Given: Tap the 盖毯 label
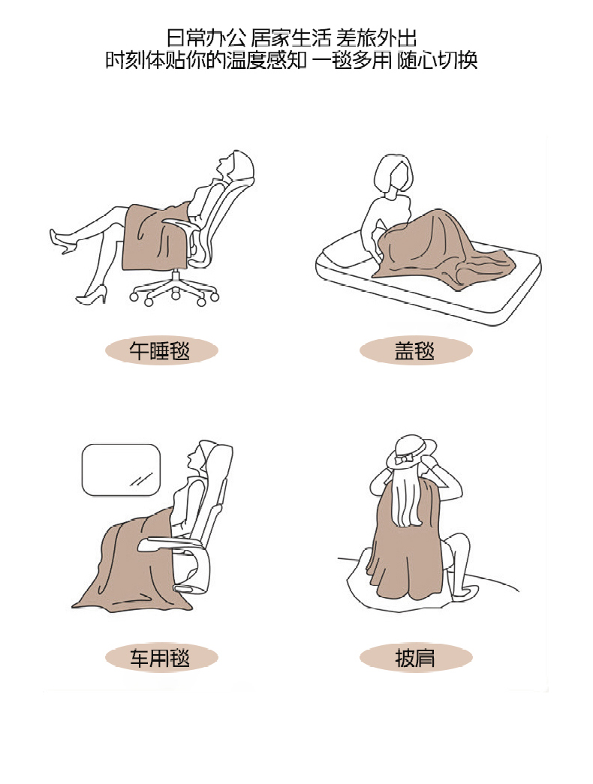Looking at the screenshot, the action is tap(415, 350).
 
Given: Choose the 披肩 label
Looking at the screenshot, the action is tap(415, 657).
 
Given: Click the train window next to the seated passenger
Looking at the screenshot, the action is tap(121, 470).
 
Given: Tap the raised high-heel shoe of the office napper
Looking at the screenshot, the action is tap(62, 241).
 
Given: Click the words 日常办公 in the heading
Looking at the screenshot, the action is tap(206, 38).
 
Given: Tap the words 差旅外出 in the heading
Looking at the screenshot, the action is tap(376, 38).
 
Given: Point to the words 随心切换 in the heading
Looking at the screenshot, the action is tap(438, 61).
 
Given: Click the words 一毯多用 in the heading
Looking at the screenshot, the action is tap(352, 61).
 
